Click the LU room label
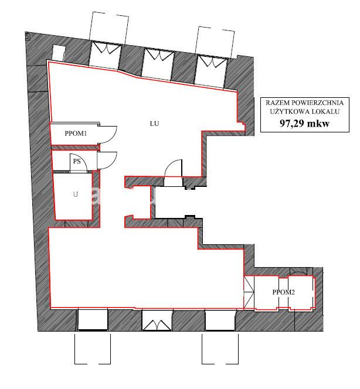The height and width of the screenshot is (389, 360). pyautogui.click(x=154, y=123)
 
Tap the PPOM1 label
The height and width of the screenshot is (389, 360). pyautogui.click(x=76, y=134)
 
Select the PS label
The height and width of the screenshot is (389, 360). pyautogui.click(x=77, y=161)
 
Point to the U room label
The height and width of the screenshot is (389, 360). pyautogui.click(x=76, y=194)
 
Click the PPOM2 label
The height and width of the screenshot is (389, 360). pyautogui.click(x=284, y=292)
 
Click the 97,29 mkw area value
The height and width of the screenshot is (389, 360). pyautogui.click(x=305, y=123)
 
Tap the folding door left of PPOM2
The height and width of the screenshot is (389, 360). pyautogui.click(x=249, y=292)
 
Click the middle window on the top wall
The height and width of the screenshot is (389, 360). pyautogui.click(x=158, y=63)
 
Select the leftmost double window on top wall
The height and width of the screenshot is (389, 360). pyautogui.click(x=106, y=54)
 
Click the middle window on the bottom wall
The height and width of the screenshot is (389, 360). pyautogui.click(x=157, y=320)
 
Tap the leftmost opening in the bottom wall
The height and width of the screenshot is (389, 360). pyautogui.click(x=93, y=319)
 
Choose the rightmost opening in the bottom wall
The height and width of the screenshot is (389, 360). pyautogui.click(x=220, y=320)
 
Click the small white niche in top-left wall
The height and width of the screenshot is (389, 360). pyautogui.click(x=59, y=53)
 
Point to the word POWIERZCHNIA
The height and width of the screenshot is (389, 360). pyautogui.click(x=317, y=103)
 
